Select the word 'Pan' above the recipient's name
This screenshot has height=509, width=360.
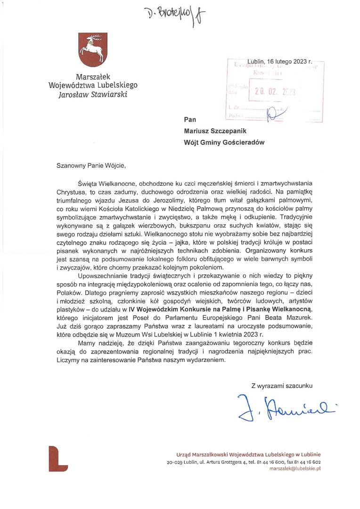(190, 120)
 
